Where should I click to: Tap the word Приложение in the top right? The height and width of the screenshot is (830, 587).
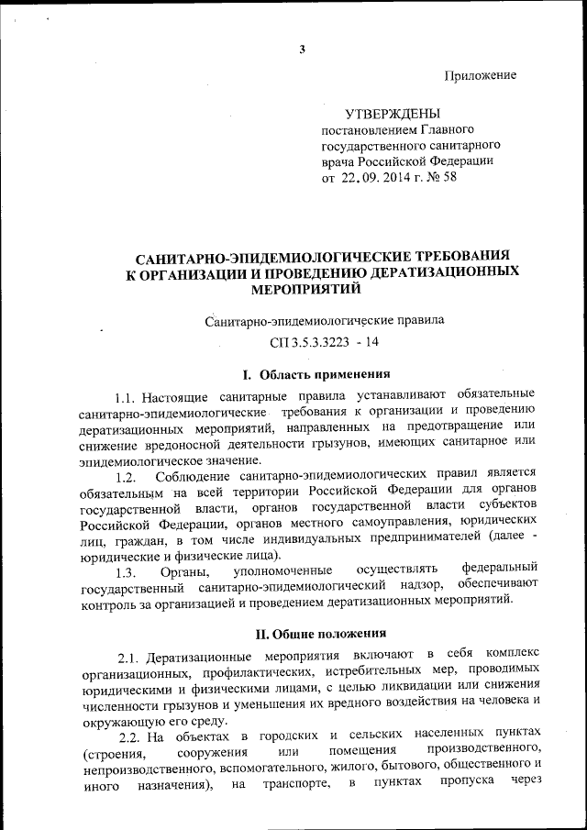[x=481, y=75]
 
